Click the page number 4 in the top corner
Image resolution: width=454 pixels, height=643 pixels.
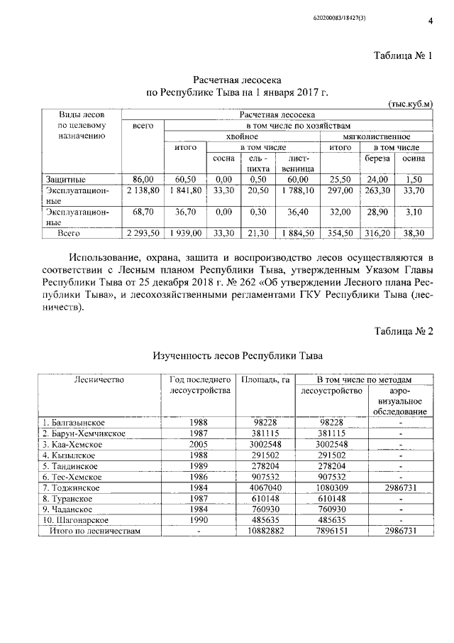[x=430, y=21]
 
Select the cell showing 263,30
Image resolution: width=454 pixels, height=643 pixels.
[x=377, y=190]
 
